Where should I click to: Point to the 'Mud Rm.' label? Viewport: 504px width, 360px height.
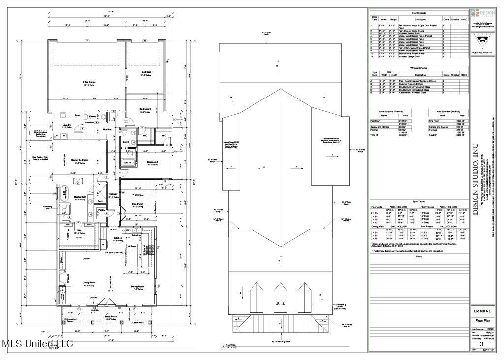click(107, 129)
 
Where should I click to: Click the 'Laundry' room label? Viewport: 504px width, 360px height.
click(68, 125)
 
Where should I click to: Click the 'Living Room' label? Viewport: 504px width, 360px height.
click(89, 282)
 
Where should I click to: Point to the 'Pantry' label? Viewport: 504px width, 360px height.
click(101, 210)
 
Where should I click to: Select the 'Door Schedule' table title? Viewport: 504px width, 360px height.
click(419, 13)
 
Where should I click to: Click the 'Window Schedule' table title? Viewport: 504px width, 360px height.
click(419, 68)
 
